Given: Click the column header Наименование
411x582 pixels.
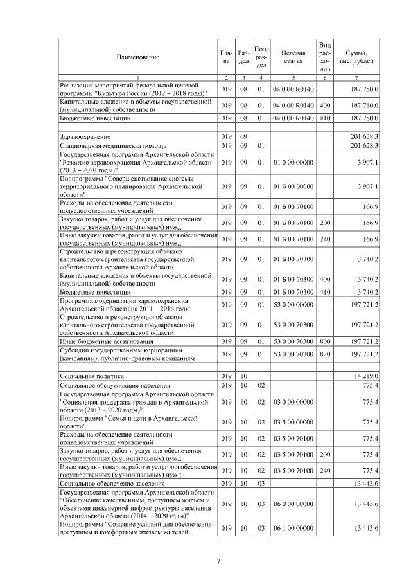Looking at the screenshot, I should point(137,57).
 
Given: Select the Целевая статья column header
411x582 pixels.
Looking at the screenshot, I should point(293,57).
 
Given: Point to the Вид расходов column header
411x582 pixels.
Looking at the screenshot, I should point(325,57).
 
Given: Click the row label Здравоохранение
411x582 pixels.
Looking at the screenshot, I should point(84,137).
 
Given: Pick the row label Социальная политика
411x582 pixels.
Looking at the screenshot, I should point(91,375).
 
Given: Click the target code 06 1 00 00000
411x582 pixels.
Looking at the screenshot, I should point(293,528).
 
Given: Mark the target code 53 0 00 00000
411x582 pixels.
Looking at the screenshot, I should point(293,305).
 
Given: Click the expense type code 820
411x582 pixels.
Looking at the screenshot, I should point(325,354).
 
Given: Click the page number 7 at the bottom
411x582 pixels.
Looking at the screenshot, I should point(218,561).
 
